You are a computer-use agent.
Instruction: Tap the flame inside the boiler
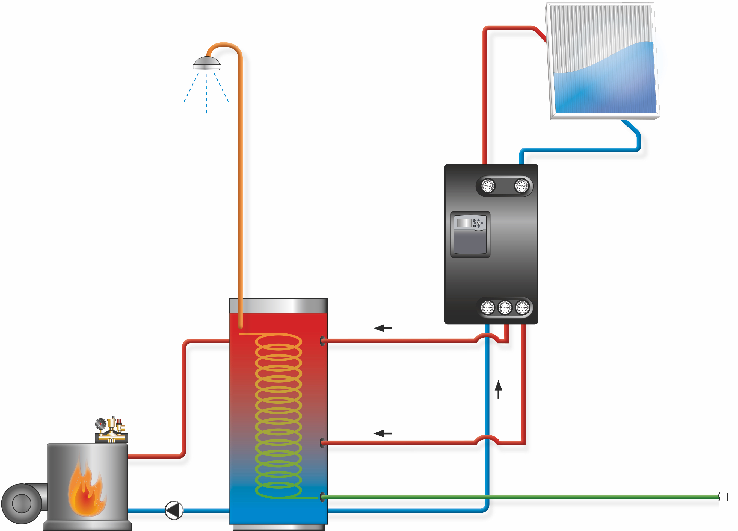tap(86, 489)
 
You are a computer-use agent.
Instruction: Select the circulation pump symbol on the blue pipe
tap(174, 510)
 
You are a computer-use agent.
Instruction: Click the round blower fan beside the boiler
tap(22, 503)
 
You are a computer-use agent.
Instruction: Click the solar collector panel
tap(604, 62)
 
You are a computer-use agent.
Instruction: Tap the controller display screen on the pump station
tap(464, 223)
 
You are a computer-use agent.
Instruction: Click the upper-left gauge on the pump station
tap(488, 186)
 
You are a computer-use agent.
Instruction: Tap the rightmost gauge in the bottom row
tap(523, 307)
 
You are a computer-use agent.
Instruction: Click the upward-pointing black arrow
tap(499, 389)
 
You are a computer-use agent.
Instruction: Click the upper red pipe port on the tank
tap(322, 341)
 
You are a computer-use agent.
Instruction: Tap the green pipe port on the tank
tap(322, 497)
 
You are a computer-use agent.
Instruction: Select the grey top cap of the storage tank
tap(278, 306)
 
